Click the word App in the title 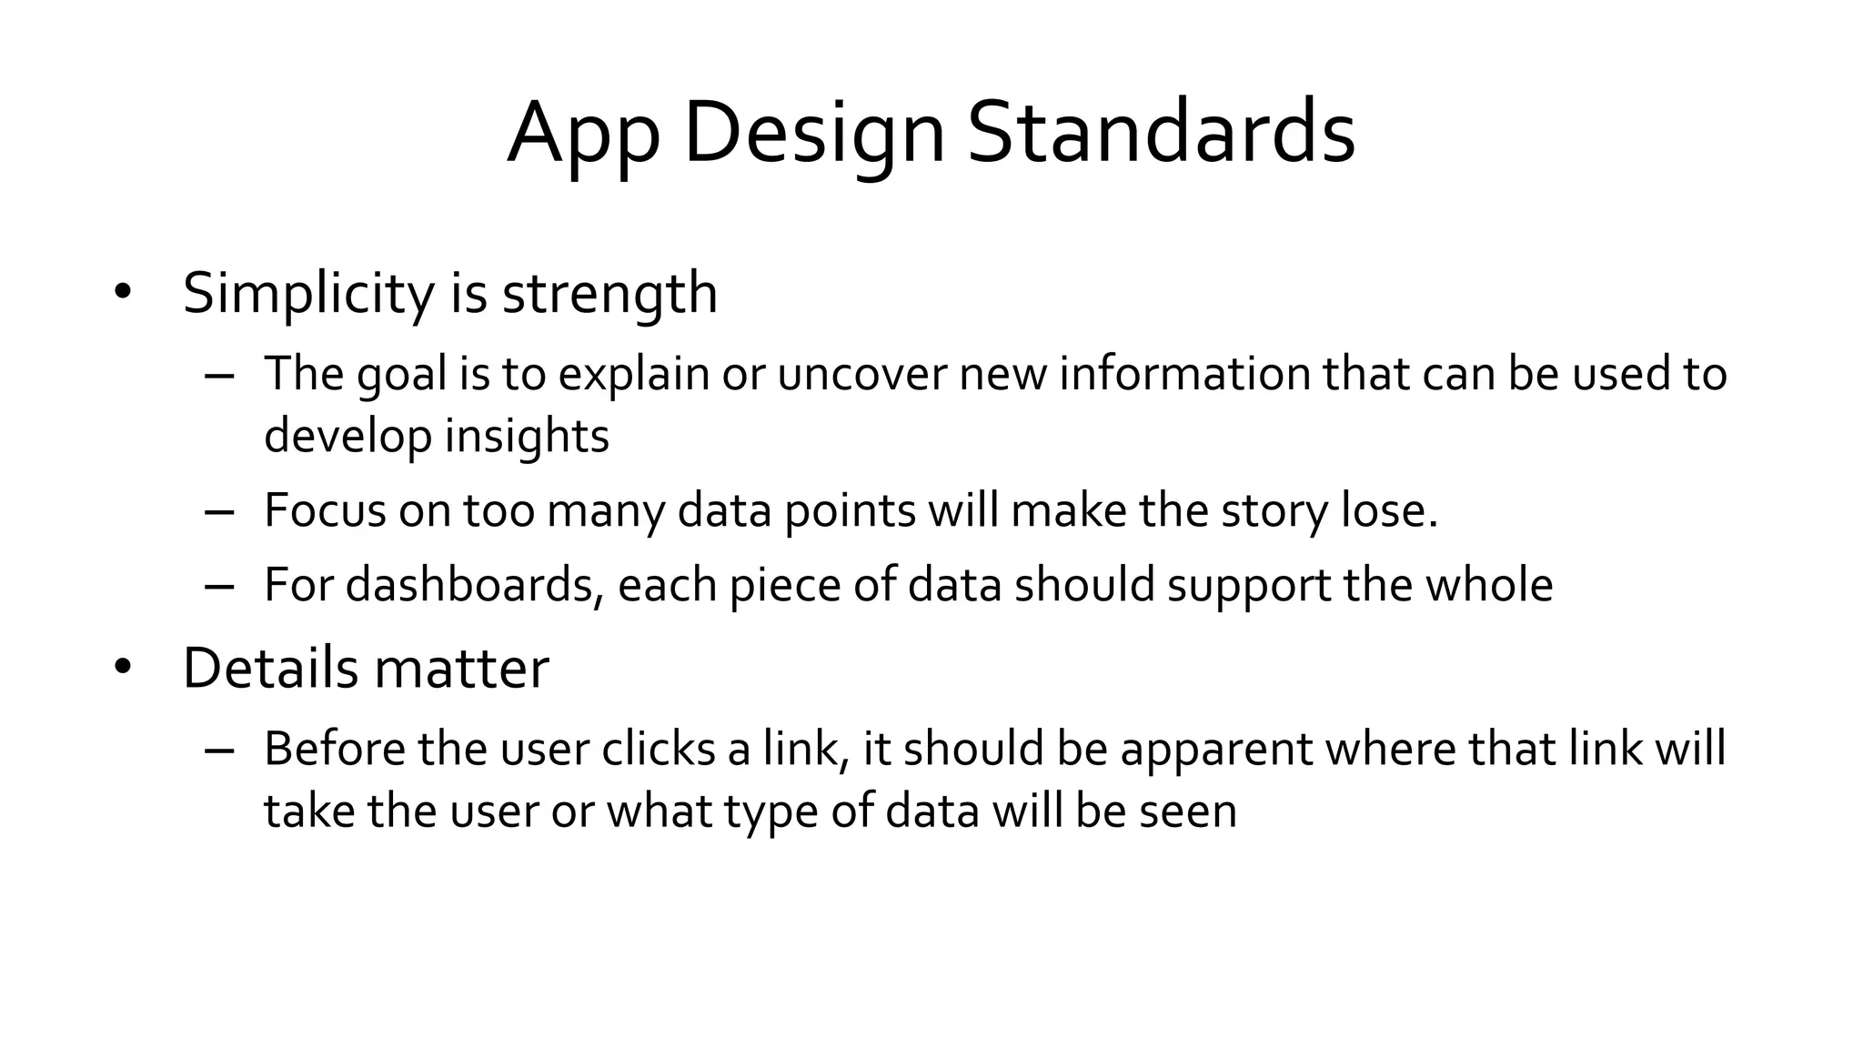pos(582,135)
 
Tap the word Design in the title pos(814,135)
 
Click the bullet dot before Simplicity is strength pos(123,293)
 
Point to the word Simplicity pos(308,293)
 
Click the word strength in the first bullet pos(609,293)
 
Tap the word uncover pos(861,374)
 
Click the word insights pos(527,436)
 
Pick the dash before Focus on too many pos(219,511)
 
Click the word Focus pos(325,509)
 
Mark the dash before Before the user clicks pos(219,751)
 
